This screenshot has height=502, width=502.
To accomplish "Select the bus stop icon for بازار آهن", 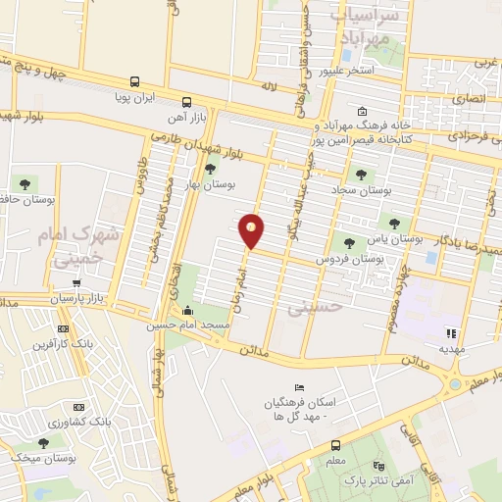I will pos(186,101).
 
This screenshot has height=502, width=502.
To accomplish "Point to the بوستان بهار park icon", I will pos(209,169).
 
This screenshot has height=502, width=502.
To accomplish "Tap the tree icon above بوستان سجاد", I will pos(361,174).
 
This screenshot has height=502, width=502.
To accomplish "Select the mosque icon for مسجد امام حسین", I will pos(187,311).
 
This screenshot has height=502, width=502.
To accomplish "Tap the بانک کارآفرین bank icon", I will pos(64,328).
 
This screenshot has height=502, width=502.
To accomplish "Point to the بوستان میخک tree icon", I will pos(44,443).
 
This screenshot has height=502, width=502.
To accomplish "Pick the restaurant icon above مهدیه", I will pos(451,333).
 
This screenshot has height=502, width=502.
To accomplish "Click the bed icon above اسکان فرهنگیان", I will pos(299,388).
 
